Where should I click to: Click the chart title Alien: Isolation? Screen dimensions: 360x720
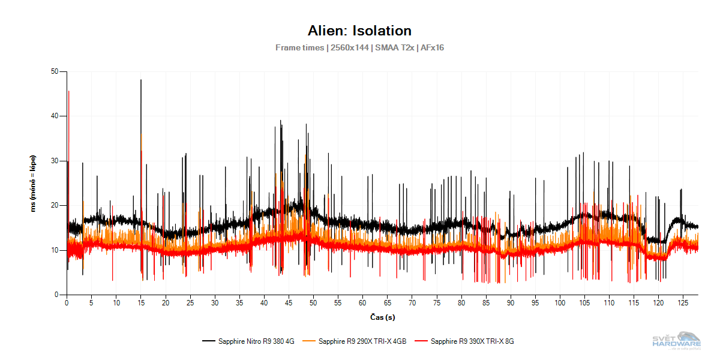click(x=359, y=31)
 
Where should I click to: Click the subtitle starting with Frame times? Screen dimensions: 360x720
click(x=359, y=47)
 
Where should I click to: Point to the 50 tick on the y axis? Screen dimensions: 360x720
click(x=58, y=72)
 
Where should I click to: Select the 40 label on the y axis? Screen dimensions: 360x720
click(x=58, y=116)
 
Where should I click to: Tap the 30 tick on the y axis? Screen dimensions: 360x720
click(x=58, y=161)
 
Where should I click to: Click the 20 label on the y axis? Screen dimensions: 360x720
click(x=58, y=206)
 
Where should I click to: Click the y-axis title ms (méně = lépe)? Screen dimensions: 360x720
click(x=34, y=183)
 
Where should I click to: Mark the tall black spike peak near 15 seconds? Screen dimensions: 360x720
click(x=141, y=80)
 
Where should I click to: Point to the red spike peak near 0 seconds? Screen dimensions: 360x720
click(x=69, y=91)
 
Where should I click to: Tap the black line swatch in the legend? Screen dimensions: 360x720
click(x=208, y=341)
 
